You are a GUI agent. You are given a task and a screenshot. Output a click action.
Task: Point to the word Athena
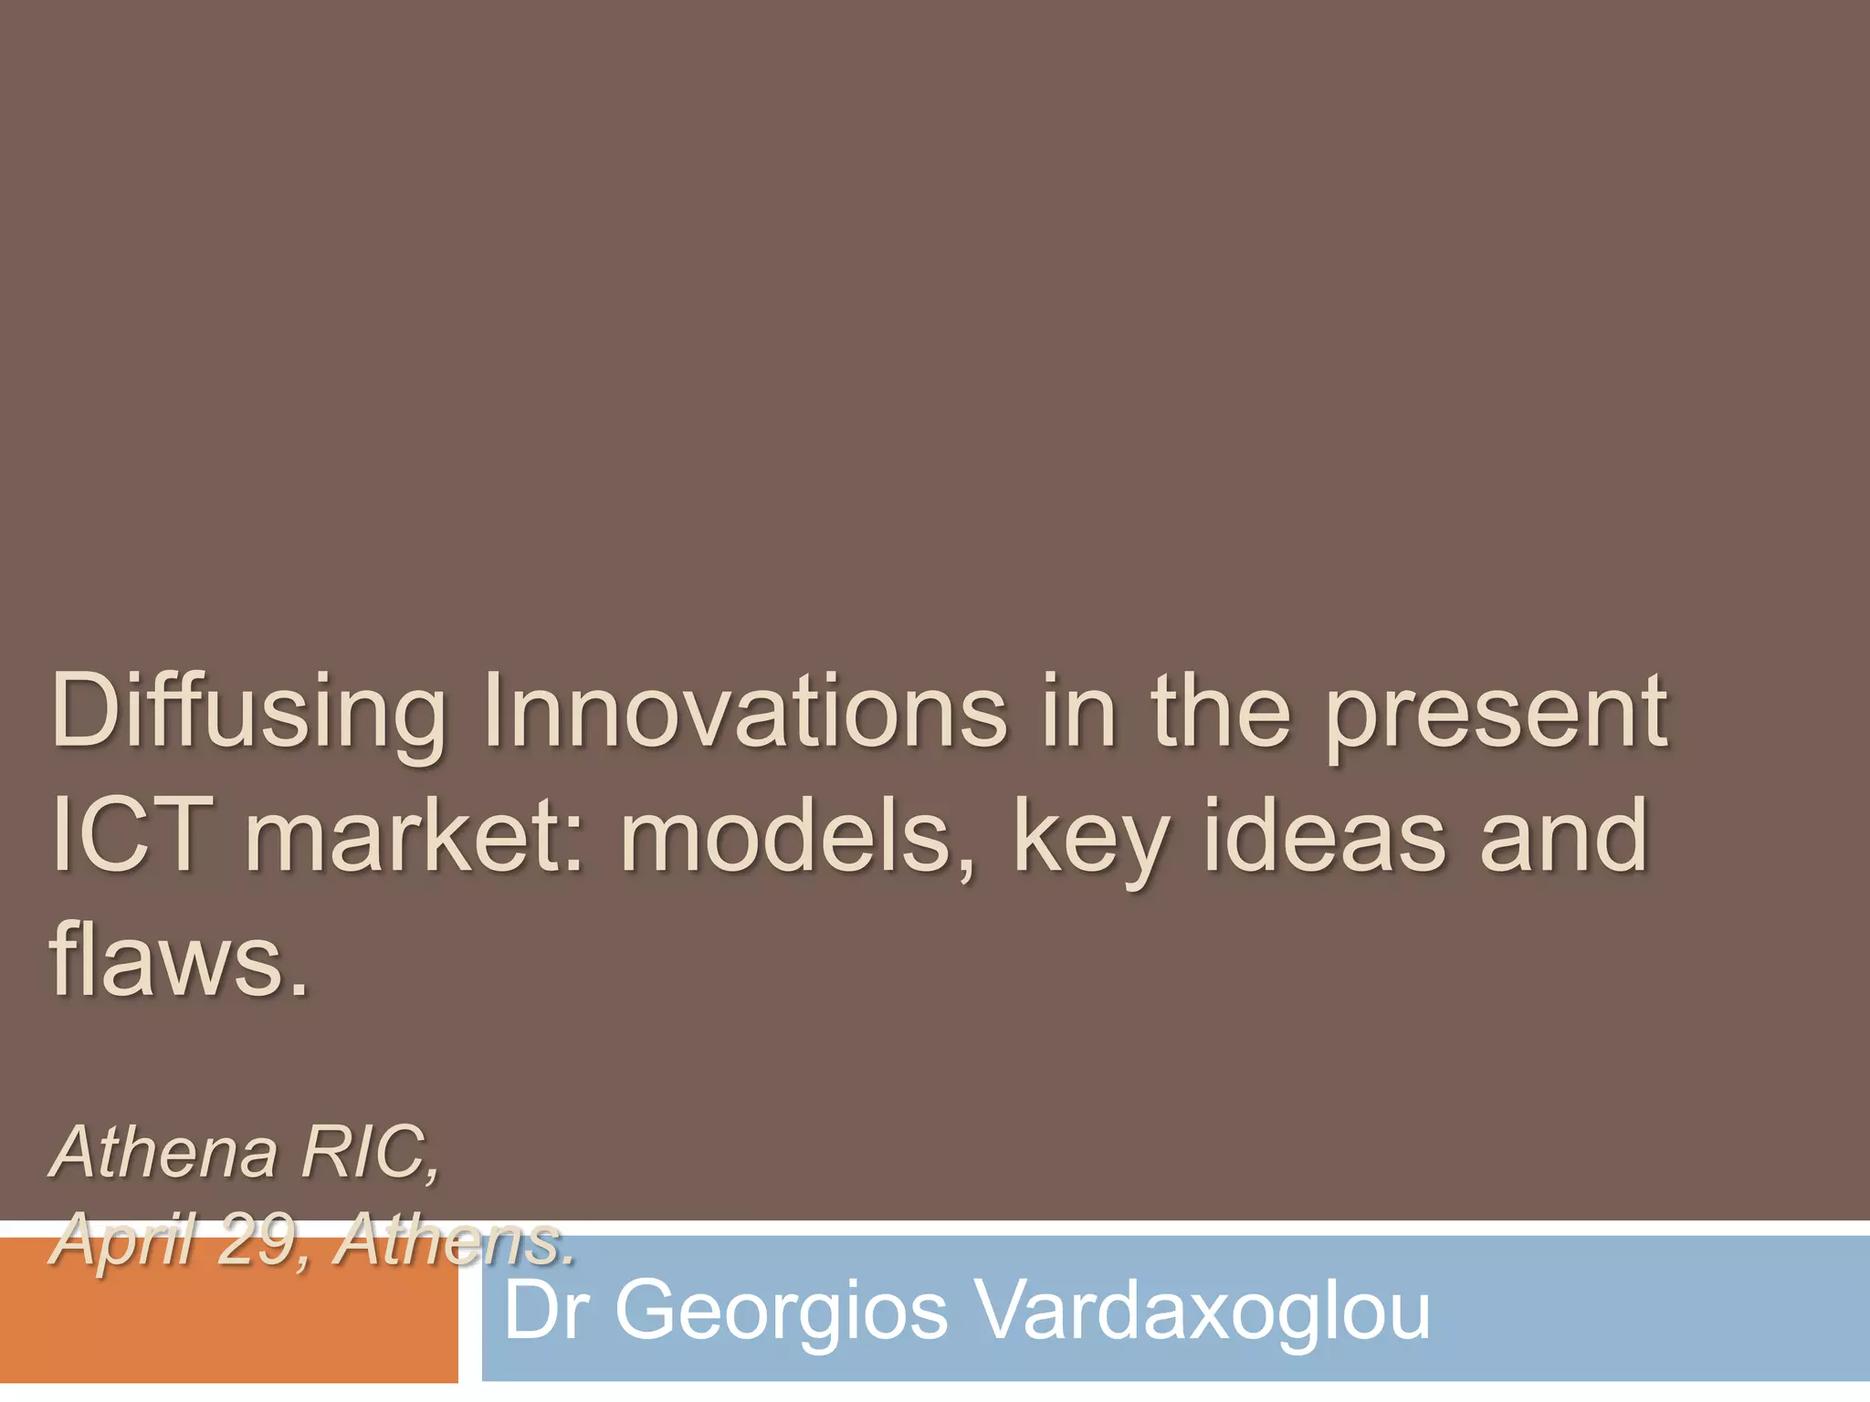(164, 1152)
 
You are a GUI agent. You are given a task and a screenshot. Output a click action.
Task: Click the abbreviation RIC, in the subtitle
(370, 1154)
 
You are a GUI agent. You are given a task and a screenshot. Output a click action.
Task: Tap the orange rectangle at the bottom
(228, 1324)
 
